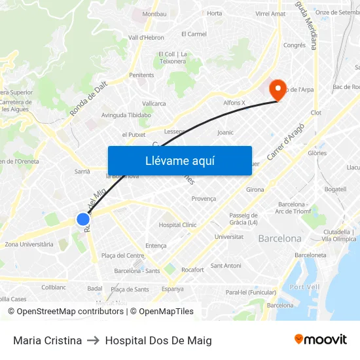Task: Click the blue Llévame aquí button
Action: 179,160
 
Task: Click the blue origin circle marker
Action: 83,220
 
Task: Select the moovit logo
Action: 320,340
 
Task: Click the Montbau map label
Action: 154,14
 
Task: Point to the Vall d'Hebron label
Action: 146,38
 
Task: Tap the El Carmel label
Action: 194,34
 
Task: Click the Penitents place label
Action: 141,75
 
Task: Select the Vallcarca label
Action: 154,103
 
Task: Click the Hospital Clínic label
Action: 177,225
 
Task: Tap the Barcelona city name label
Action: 279,239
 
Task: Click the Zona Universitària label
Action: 29,244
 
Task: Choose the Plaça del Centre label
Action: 122,255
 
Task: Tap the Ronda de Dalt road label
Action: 89,102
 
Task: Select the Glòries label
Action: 317,153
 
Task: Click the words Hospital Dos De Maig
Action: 158,340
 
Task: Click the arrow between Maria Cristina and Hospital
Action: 94,340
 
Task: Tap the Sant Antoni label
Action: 225,266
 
